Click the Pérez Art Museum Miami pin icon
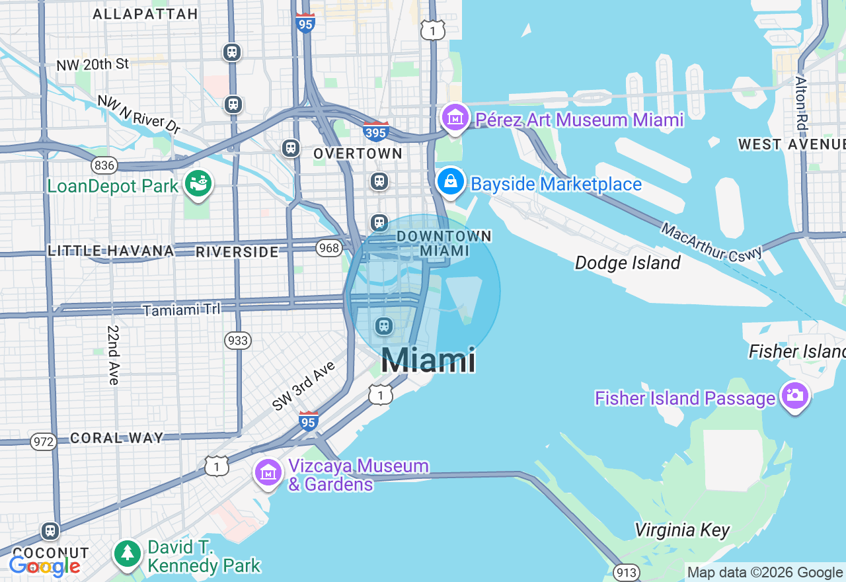coord(454,118)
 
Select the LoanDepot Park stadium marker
coord(198,183)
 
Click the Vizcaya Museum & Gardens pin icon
coord(268,474)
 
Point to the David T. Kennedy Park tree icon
coord(128,554)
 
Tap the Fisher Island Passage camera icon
coord(794,396)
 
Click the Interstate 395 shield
coord(375,132)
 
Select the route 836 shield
coord(104,165)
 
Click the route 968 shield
coord(328,248)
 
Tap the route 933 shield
coord(237,341)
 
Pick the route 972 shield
coord(44,441)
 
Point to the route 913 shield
coord(625,572)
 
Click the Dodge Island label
coord(627,263)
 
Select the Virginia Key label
coord(682,530)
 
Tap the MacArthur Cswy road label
coord(711,242)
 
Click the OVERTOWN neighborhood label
coord(358,153)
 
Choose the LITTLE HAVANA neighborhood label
coord(111,251)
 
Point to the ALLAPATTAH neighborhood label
coord(145,14)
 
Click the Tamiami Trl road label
coord(181,310)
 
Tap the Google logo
coord(44,566)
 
